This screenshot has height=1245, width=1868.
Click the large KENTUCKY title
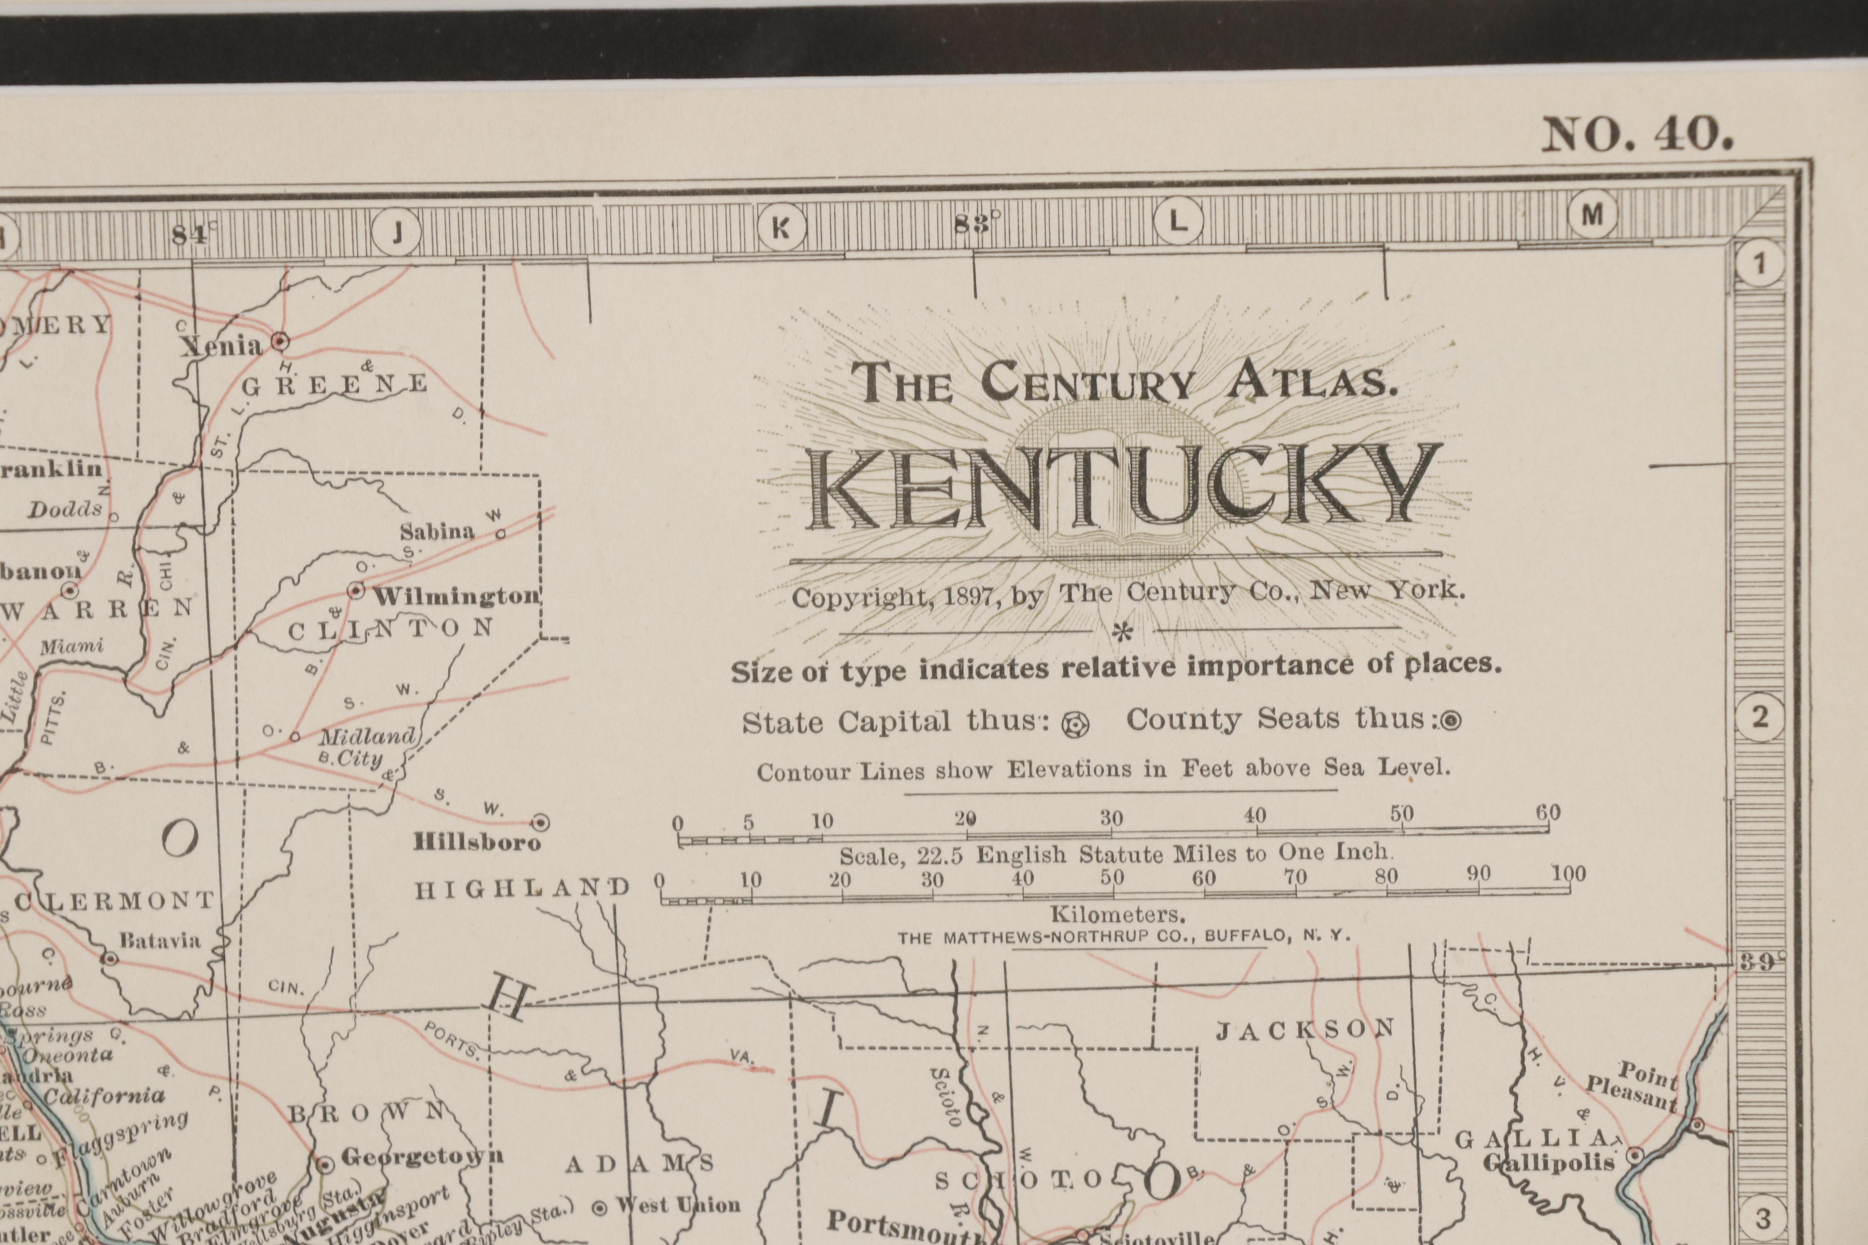click(x=1124, y=488)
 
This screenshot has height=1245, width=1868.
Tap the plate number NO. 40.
click(x=1636, y=135)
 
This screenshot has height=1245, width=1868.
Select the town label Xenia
click(x=221, y=346)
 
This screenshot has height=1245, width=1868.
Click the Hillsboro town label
click(x=476, y=842)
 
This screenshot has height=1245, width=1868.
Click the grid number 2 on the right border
click(x=1760, y=718)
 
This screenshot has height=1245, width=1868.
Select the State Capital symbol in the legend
click(x=1076, y=725)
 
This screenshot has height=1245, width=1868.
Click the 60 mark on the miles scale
click(x=1547, y=813)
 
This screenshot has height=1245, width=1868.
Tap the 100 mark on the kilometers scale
click(x=1568, y=874)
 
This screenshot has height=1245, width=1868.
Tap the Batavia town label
click(x=159, y=941)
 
